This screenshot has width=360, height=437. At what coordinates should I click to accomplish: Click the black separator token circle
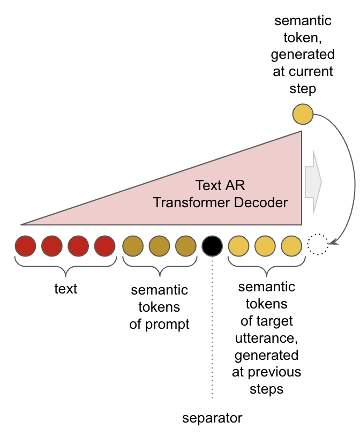(212, 246)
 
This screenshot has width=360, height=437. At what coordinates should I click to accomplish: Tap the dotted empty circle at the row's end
(318, 244)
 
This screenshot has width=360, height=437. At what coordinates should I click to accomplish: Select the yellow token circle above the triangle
(303, 114)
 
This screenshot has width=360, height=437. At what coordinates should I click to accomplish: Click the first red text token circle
(25, 246)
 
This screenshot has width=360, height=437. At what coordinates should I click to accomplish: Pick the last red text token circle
(104, 246)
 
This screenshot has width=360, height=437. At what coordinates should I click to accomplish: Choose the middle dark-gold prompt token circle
(159, 246)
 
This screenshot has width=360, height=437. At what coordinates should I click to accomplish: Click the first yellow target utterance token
(239, 246)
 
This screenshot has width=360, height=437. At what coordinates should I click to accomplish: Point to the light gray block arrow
(313, 182)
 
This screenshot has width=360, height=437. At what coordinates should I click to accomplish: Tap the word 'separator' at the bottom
(212, 418)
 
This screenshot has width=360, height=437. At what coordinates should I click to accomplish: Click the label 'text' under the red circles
(66, 289)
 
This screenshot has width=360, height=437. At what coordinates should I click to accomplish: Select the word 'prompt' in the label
(167, 325)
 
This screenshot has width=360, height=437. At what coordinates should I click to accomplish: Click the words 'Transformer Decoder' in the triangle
(220, 202)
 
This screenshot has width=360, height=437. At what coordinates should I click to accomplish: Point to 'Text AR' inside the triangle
(220, 185)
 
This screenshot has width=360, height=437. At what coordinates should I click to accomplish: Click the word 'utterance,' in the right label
(267, 338)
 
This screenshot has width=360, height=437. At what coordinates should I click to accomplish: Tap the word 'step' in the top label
(303, 89)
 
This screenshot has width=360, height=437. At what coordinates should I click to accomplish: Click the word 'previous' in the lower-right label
(274, 372)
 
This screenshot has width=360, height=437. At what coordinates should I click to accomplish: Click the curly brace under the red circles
(66, 266)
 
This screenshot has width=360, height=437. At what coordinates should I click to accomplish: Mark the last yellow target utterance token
(291, 246)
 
